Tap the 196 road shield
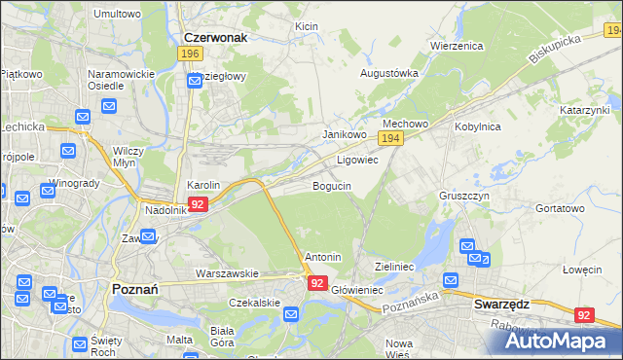tap(191, 54)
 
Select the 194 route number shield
tap(390, 141)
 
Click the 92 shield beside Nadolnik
tap(198, 204)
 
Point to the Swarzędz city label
tap(501, 304)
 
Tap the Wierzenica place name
tap(457, 45)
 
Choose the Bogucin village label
tap(331, 185)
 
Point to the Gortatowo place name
tap(561, 208)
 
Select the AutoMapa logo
tap(559, 341)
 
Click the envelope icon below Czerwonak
tap(194, 80)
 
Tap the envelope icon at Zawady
tap(148, 236)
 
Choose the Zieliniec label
tap(395, 266)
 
